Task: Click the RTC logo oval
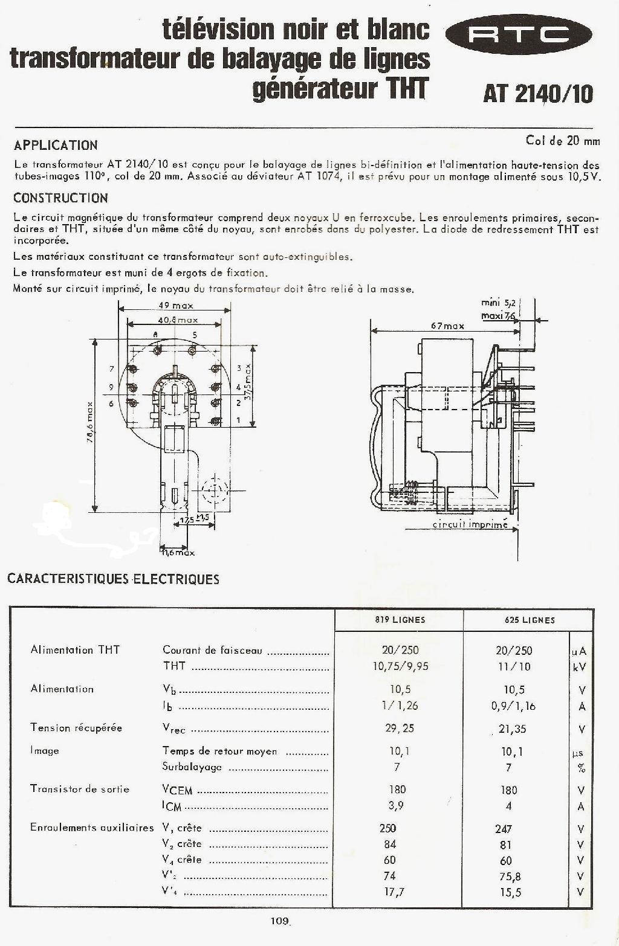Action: (x=519, y=35)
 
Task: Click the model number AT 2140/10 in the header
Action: (x=537, y=94)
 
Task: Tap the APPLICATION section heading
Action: (x=56, y=146)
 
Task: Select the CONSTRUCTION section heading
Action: (x=60, y=198)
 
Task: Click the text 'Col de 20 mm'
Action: (x=562, y=141)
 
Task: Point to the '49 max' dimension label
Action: (x=175, y=306)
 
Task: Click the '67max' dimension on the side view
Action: (x=447, y=326)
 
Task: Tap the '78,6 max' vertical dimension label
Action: (x=89, y=433)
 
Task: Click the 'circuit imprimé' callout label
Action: (x=470, y=524)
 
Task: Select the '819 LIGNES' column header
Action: (x=400, y=620)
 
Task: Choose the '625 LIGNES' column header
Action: (x=530, y=620)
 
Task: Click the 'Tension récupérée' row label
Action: (x=76, y=728)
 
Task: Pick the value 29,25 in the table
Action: (x=400, y=728)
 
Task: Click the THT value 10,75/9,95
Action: (x=400, y=666)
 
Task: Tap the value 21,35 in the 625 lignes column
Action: (x=512, y=729)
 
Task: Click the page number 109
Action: (x=280, y=921)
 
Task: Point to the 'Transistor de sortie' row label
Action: (x=80, y=789)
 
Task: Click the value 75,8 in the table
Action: (x=510, y=877)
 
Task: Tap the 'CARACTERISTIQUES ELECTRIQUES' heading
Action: (x=113, y=579)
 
